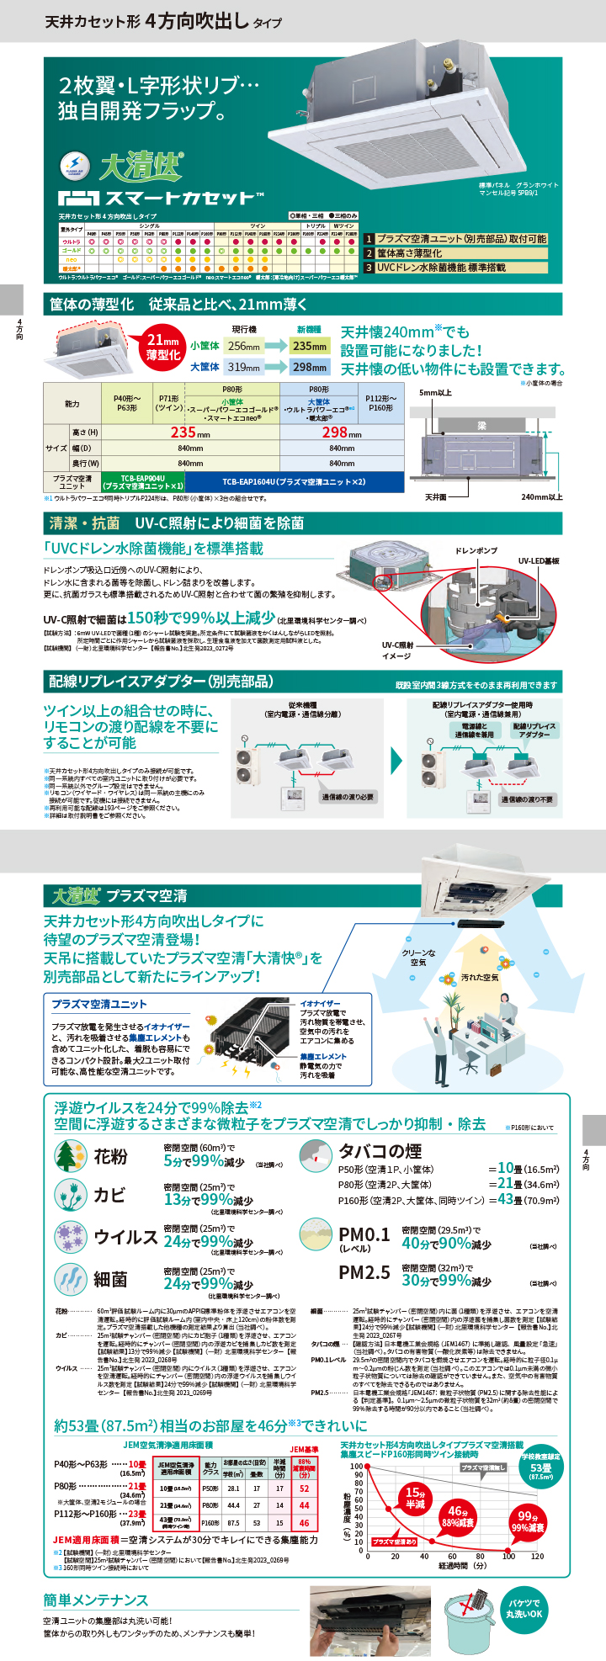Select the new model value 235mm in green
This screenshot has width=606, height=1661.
point(310,346)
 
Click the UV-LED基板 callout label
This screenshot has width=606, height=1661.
point(539,560)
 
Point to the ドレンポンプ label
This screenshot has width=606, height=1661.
point(476,551)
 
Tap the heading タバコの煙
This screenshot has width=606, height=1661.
point(380,1150)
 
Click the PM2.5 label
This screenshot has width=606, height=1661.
point(364,1272)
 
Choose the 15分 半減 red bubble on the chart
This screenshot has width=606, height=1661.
point(415,1498)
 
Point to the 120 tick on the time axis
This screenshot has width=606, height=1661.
point(537,1557)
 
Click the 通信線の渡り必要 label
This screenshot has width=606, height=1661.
point(348,797)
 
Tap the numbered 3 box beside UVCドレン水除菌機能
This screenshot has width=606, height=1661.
point(369,268)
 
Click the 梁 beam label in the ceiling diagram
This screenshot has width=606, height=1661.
point(482,427)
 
